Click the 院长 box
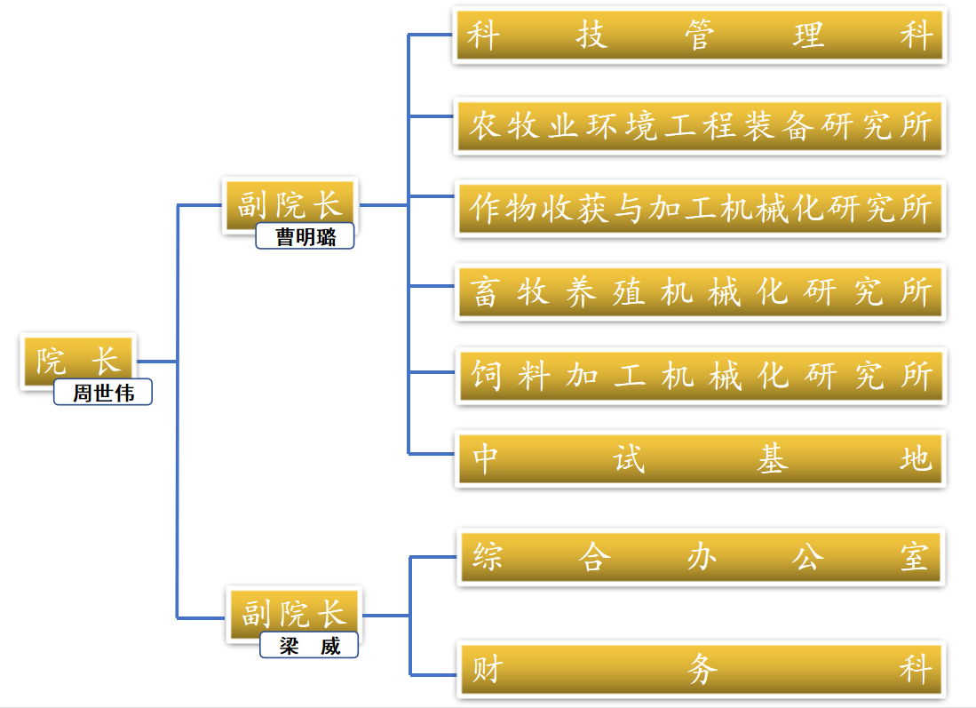(x=77, y=361)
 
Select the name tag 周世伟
(x=102, y=393)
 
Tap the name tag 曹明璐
(x=305, y=236)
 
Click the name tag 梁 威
(x=308, y=646)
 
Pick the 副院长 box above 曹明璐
(x=290, y=204)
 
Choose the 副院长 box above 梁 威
(x=293, y=613)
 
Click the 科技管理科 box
(x=700, y=36)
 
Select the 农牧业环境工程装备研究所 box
(x=700, y=126)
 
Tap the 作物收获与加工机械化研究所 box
(x=700, y=209)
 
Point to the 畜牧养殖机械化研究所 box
(x=700, y=291)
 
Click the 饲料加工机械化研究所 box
(x=700, y=376)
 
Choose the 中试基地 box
(x=700, y=458)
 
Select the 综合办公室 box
(x=700, y=557)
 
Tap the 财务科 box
(x=700, y=668)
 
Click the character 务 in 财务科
(x=702, y=669)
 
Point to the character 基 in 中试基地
(x=772, y=459)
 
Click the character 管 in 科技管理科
(x=701, y=36)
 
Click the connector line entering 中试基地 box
(x=432, y=453)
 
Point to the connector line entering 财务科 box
(x=435, y=673)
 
